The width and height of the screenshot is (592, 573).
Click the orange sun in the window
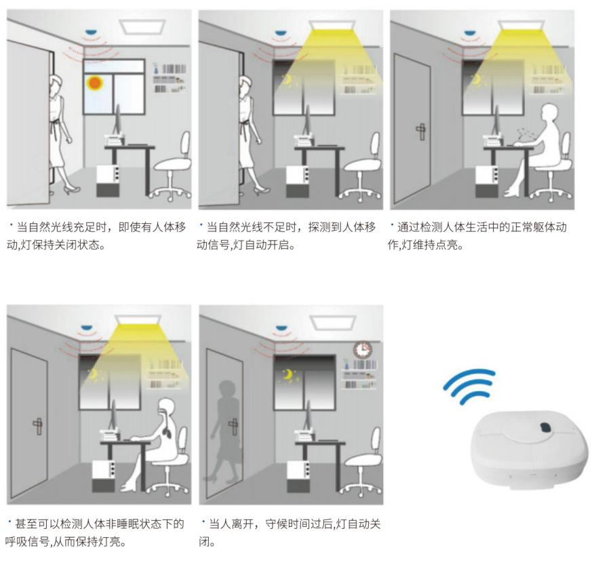click(x=94, y=83)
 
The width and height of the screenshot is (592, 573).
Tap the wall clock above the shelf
click(x=363, y=349)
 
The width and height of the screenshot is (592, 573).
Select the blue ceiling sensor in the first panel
click(x=91, y=33)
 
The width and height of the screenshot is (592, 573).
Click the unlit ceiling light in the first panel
click(x=142, y=26)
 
